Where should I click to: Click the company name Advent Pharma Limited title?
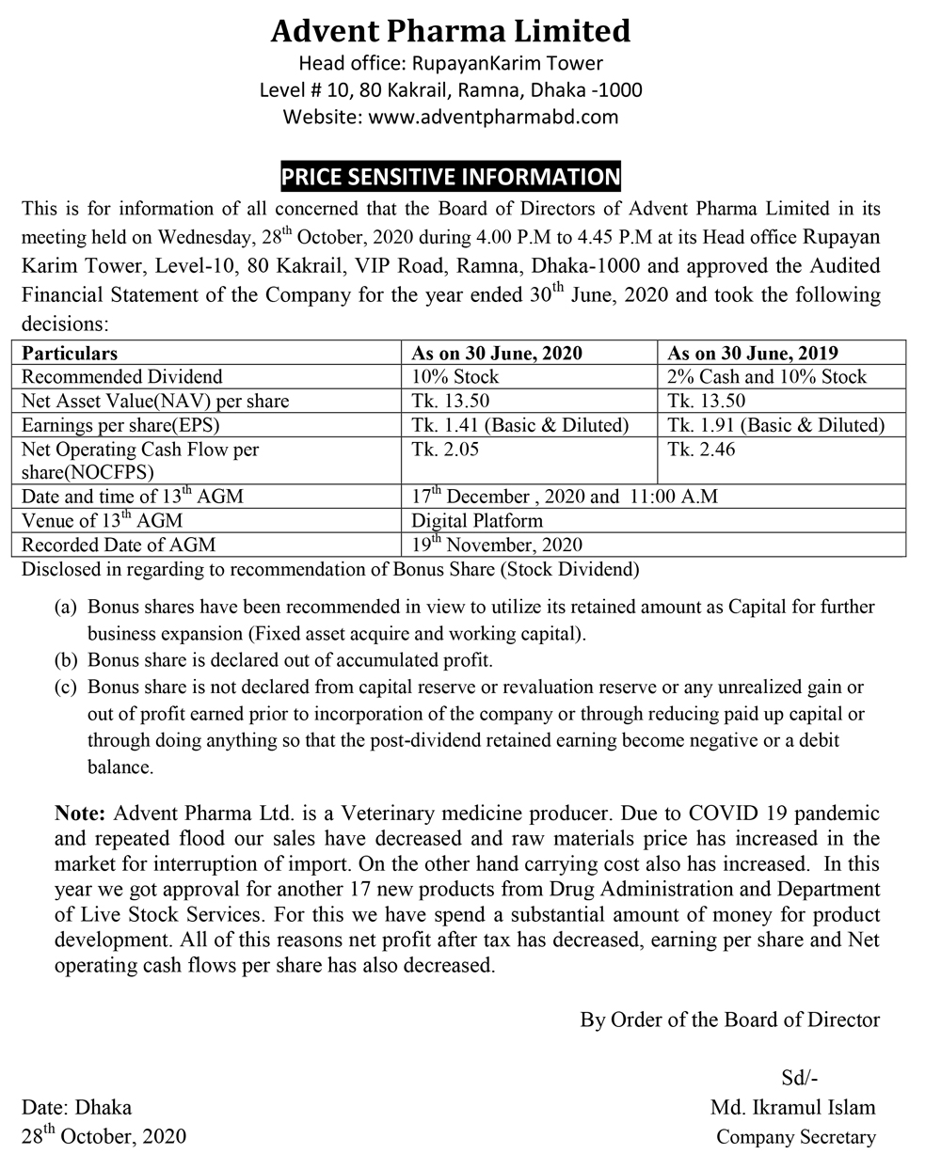coord(451,31)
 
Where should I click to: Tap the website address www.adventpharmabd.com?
coord(451,117)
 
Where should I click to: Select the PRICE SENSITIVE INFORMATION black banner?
coord(451,176)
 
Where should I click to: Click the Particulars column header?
coord(70,353)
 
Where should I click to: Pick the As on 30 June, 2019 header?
coord(752,353)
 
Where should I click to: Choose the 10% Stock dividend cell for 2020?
coord(455,377)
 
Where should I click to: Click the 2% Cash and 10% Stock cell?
coord(766,377)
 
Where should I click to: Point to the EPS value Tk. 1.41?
coord(520,426)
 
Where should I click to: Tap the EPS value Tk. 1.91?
coord(775,426)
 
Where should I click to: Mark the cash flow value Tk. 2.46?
coord(701,451)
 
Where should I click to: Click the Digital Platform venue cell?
coord(477,520)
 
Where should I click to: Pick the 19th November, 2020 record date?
coord(498,544)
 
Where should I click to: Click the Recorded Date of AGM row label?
coord(119,545)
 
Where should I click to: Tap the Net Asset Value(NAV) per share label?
coord(155,402)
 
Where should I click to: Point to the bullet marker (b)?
coord(66,660)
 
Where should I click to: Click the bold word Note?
coord(82,813)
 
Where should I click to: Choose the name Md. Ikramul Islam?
coord(793,1107)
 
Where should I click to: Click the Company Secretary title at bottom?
coord(795,1137)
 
